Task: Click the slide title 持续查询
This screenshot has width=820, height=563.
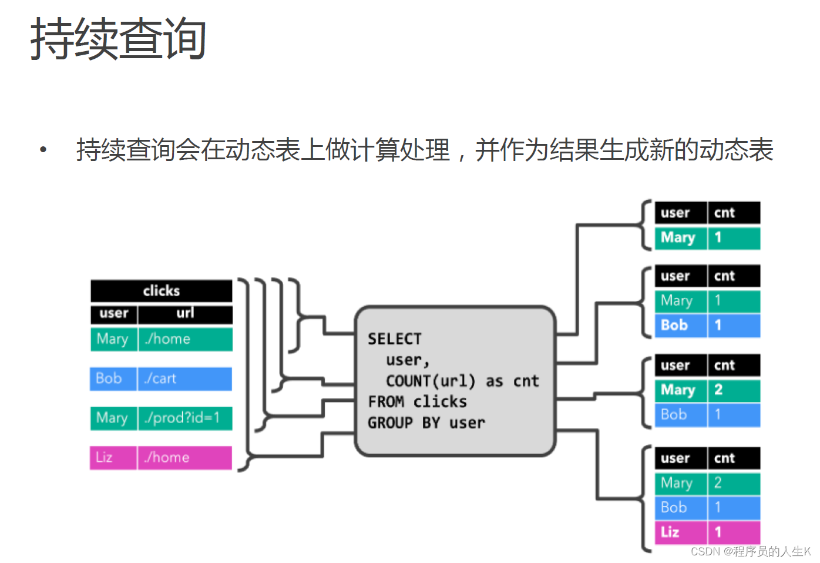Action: click(x=118, y=39)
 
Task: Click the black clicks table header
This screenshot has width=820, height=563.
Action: click(x=162, y=290)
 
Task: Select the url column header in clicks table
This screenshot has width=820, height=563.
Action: click(x=185, y=313)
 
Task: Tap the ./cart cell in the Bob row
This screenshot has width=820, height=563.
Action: click(x=184, y=378)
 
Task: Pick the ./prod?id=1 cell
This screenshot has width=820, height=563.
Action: click(x=184, y=418)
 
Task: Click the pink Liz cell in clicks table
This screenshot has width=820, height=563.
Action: click(x=113, y=457)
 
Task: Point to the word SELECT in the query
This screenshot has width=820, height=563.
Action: click(x=395, y=339)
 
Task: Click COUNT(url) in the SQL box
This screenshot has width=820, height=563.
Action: click(x=431, y=381)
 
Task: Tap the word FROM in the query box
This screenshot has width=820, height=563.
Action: click(x=386, y=402)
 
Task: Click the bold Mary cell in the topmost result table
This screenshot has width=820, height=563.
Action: click(x=680, y=237)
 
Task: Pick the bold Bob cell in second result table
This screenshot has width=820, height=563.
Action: click(x=680, y=325)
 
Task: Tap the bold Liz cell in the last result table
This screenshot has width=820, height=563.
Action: click(x=680, y=532)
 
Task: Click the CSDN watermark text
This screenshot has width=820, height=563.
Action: click(x=751, y=551)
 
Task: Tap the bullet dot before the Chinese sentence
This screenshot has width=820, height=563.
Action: click(x=43, y=150)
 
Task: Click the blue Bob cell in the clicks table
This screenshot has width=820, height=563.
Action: click(x=113, y=378)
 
